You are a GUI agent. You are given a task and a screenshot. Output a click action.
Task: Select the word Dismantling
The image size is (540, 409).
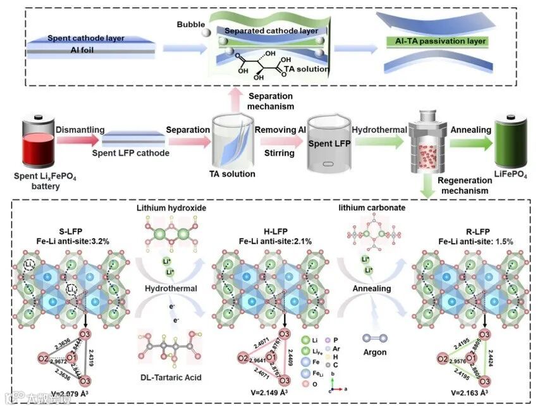[x=80, y=129]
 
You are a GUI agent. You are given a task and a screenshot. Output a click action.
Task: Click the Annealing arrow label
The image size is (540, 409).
[x=470, y=130]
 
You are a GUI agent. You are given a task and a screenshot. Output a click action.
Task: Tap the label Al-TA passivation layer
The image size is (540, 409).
[x=436, y=41]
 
